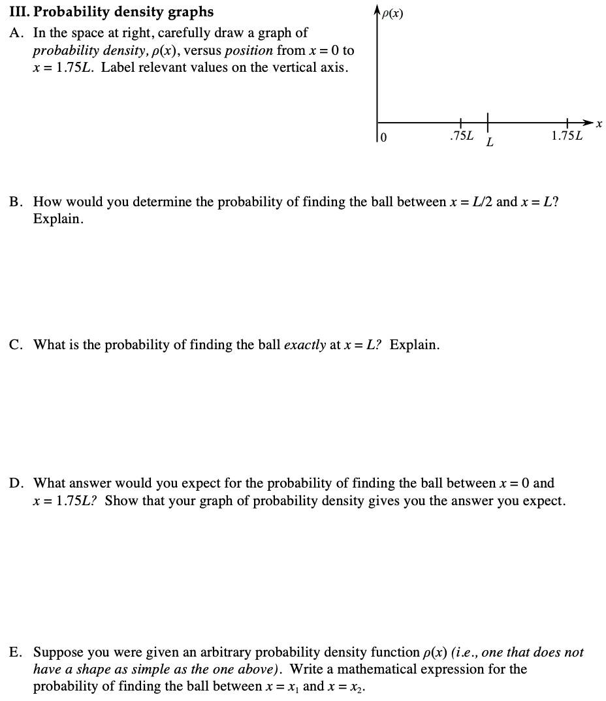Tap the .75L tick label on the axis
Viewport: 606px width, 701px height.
coord(461,136)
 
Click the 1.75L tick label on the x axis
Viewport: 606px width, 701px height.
coord(567,136)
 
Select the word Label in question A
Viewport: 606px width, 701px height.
coord(118,67)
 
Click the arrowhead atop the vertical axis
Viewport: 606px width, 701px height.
coord(376,8)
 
